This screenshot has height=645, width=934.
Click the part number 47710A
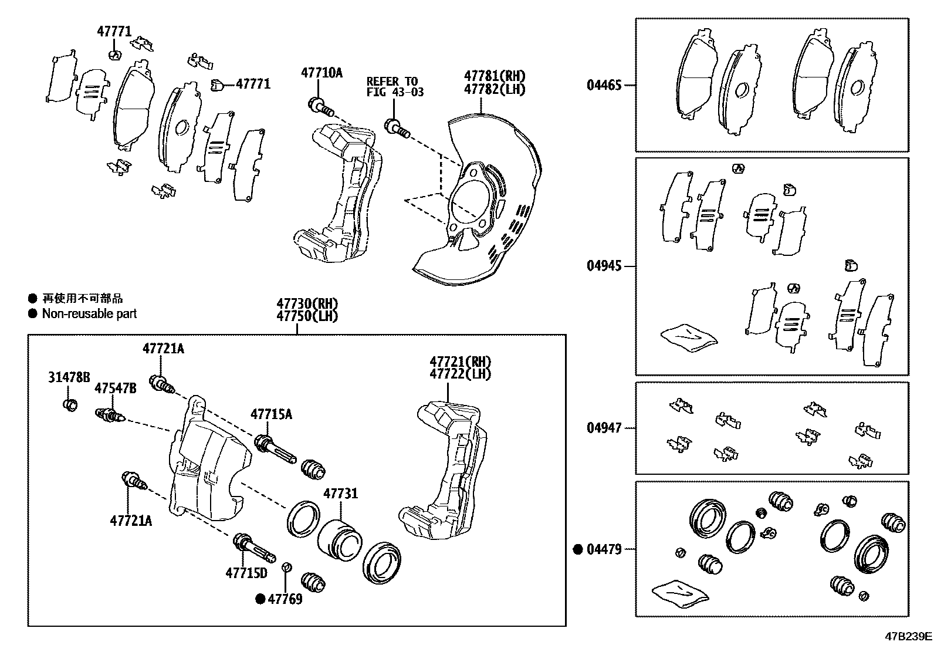(x=322, y=73)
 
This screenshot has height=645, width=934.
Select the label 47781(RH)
(x=495, y=76)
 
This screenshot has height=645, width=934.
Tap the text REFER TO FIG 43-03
(x=395, y=86)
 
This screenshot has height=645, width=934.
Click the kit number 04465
(x=604, y=85)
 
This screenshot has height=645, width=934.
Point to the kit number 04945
(x=604, y=266)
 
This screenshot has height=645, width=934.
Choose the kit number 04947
(x=604, y=428)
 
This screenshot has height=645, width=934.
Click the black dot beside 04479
(x=578, y=549)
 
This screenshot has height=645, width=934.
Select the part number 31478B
(x=69, y=377)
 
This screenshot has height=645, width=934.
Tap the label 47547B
(x=116, y=388)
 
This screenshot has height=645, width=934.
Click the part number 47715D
(x=246, y=572)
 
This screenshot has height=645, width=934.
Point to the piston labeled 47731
(x=340, y=537)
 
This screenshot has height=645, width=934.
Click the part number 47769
(x=285, y=599)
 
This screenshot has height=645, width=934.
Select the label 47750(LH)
(x=307, y=316)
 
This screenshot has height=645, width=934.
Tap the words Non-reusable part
(x=89, y=313)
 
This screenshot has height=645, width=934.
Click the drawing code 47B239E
(x=908, y=636)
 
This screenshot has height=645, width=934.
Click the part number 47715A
(x=271, y=414)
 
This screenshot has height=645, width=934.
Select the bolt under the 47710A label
(x=320, y=108)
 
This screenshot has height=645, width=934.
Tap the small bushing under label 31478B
(x=70, y=404)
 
